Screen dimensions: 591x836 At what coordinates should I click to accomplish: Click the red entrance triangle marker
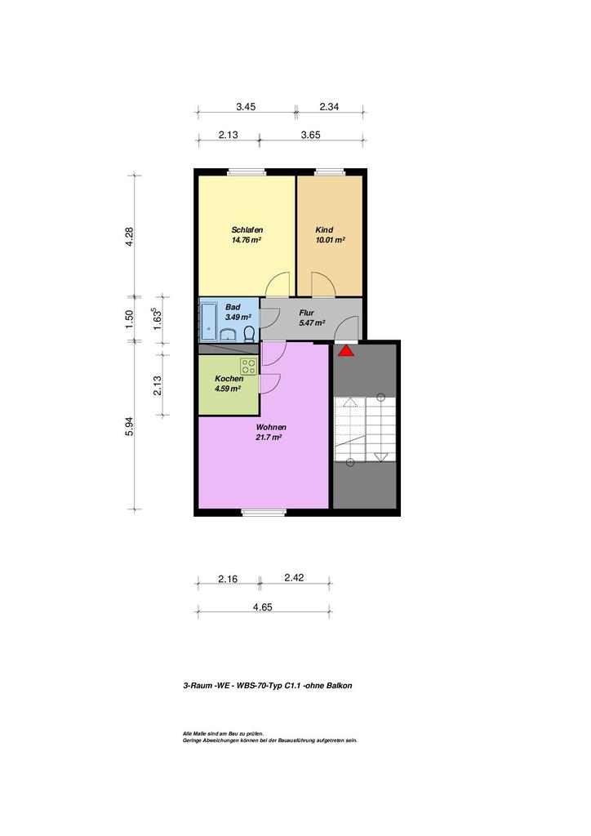(x=346, y=350)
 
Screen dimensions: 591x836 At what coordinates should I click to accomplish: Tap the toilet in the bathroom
(x=248, y=334)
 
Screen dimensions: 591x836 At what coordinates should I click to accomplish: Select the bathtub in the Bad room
(x=207, y=322)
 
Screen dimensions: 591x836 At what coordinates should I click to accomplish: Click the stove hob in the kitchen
(x=248, y=366)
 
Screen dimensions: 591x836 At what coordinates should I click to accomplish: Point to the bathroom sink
(x=229, y=335)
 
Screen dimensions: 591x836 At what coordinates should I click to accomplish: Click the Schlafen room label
(x=247, y=229)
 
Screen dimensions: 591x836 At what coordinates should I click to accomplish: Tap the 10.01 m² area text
(x=331, y=240)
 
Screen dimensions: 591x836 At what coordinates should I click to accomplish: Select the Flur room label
(x=306, y=313)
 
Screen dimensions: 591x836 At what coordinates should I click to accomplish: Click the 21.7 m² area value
(x=269, y=438)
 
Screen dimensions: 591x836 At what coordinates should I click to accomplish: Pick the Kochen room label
(x=229, y=379)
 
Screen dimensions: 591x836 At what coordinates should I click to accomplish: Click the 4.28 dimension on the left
(x=129, y=236)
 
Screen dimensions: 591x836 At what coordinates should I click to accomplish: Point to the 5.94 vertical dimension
(x=129, y=426)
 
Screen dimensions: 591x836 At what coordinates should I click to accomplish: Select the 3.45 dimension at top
(x=246, y=107)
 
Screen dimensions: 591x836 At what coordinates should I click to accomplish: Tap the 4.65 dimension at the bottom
(x=263, y=607)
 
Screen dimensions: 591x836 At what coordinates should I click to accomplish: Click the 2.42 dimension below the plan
(x=294, y=577)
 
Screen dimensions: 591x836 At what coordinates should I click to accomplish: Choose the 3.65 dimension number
(x=311, y=135)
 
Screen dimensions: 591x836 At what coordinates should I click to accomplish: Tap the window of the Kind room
(x=331, y=171)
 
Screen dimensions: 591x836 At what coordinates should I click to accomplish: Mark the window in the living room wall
(x=264, y=513)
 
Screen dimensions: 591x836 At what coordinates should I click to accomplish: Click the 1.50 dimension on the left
(x=129, y=319)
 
